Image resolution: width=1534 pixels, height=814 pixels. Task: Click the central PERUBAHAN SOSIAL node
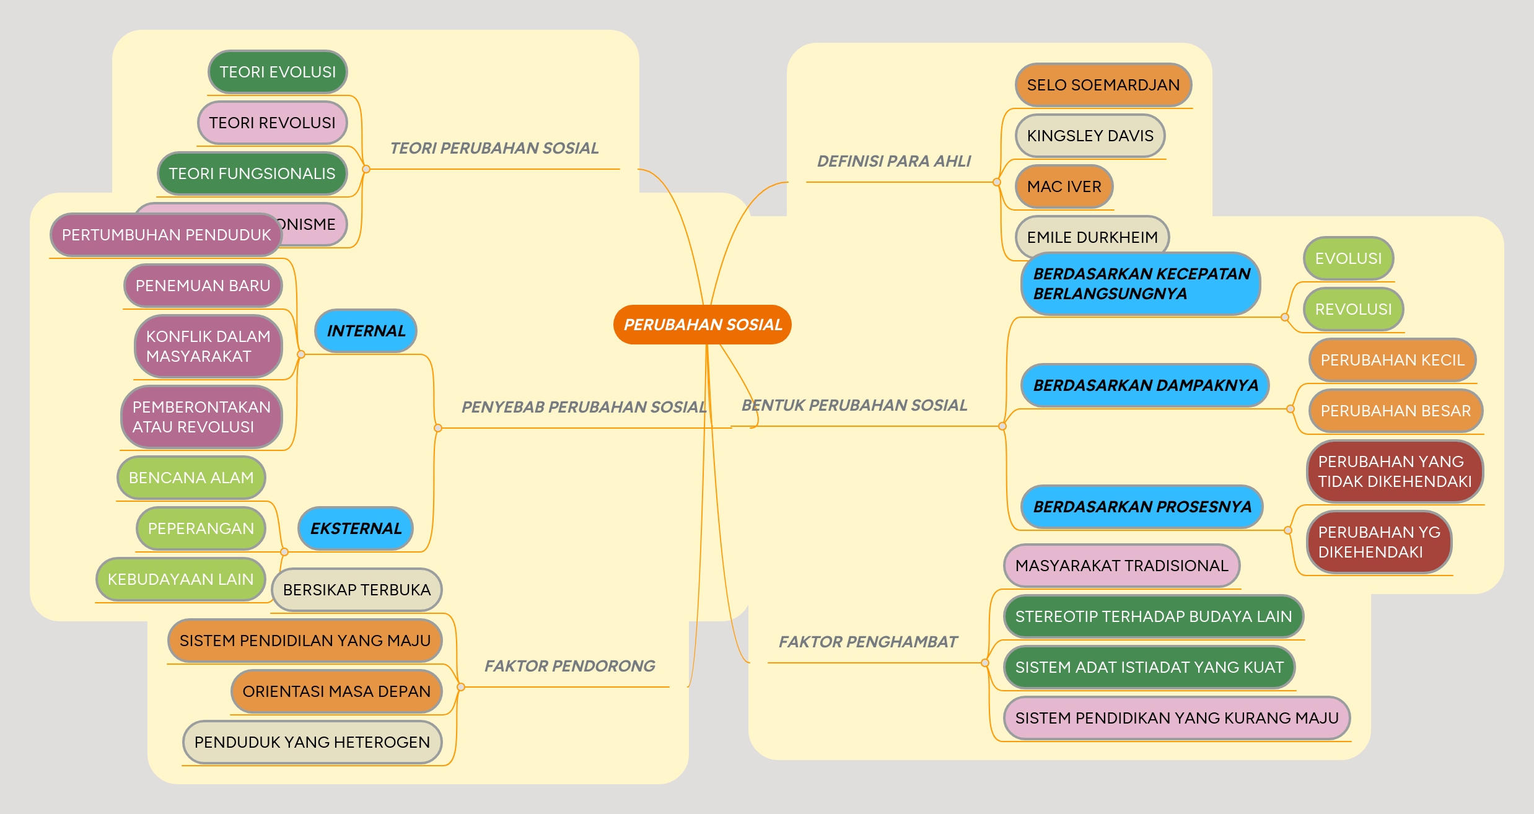702,325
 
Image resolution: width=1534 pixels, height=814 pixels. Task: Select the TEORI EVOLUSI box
278,72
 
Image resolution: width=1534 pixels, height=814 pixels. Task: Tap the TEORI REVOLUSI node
272,123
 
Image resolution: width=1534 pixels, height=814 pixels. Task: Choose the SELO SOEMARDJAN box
1103,85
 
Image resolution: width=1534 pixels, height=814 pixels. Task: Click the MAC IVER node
1064,186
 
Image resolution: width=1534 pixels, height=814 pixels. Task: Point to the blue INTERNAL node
366,331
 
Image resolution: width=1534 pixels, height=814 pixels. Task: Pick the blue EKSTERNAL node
356,528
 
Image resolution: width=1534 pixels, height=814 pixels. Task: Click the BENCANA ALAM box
191,478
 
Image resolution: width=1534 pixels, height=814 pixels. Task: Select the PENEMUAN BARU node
203,286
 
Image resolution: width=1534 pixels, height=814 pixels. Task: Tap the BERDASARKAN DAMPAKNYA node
1145,385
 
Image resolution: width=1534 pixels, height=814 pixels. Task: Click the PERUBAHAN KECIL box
1392,360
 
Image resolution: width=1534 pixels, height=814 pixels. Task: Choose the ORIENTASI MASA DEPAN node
336,691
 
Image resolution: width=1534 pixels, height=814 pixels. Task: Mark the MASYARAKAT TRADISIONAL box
1121,566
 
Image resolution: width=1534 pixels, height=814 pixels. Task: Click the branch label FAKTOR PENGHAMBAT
867,642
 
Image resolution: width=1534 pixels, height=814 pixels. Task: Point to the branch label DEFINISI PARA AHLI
893,161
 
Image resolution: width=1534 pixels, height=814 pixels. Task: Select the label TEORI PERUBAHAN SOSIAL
494,148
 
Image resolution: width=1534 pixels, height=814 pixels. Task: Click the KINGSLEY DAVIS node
1090,136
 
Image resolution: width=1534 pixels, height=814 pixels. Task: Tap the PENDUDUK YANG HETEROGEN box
312,742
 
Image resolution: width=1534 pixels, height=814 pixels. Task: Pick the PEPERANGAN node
201,528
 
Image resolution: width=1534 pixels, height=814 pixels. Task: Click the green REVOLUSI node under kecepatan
1353,309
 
